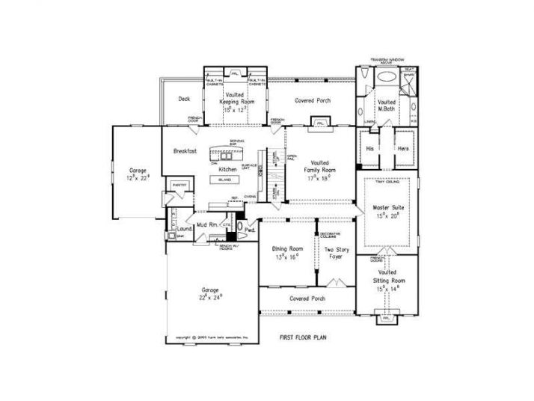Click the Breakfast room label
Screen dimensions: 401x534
point(185,150)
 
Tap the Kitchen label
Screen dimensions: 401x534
point(227,170)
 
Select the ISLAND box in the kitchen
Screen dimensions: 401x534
point(224,180)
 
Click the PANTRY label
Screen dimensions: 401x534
point(178,184)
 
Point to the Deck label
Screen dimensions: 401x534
point(184,99)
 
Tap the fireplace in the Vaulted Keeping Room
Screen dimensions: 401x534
point(234,73)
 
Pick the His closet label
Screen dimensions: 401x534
point(369,148)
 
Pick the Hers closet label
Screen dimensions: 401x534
point(403,148)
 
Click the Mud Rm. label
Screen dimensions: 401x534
point(206,225)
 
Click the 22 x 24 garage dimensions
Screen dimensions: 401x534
point(212,297)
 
